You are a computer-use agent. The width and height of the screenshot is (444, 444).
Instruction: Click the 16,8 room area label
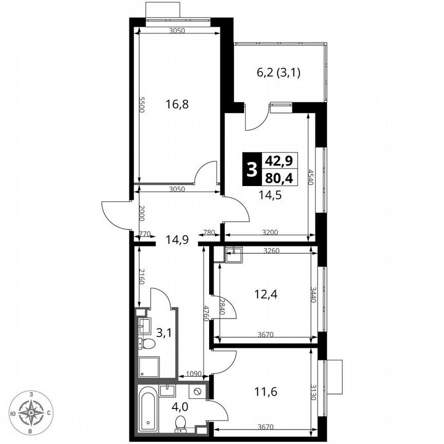point(177,104)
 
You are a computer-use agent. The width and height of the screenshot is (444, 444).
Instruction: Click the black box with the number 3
point(251,168)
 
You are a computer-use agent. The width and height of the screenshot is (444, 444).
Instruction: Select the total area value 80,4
point(279,178)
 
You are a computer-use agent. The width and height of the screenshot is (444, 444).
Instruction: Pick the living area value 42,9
point(279,160)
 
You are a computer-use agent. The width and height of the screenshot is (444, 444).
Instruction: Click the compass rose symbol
point(32,412)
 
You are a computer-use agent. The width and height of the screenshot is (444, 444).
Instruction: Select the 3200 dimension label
point(270,232)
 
